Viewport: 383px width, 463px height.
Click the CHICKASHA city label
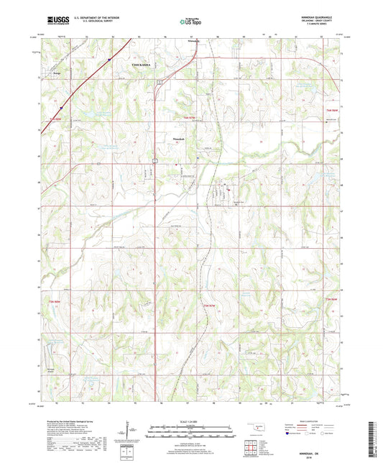tap(142, 64)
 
